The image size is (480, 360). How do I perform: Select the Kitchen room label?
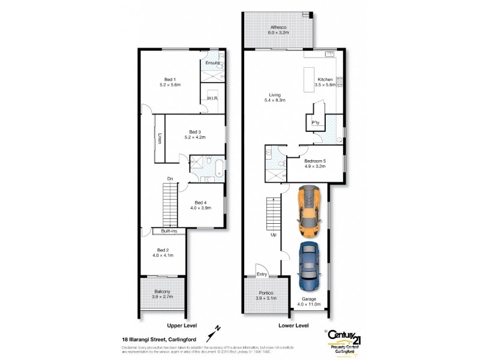pyautogui.click(x=325, y=83)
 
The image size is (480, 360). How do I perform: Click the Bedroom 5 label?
pyautogui.click(x=314, y=164)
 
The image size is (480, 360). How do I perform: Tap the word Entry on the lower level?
pyautogui.click(x=262, y=274)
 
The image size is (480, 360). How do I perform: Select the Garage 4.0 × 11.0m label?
pyautogui.click(x=310, y=302)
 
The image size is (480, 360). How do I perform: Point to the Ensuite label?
pyautogui.click(x=212, y=63)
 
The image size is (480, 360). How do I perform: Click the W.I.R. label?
pyautogui.click(x=212, y=97)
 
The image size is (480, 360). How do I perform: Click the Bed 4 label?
pyautogui.click(x=200, y=206)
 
